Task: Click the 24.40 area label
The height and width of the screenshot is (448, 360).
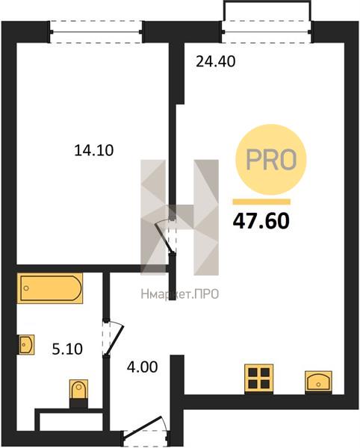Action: click(216, 61)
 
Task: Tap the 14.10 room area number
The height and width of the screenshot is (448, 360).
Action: click(94, 150)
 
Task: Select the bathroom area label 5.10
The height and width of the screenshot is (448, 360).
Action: click(67, 349)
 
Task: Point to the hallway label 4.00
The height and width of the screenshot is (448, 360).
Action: click(143, 367)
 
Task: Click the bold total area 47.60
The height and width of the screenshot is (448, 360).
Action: click(261, 222)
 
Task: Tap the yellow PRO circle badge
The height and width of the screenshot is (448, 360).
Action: click(271, 160)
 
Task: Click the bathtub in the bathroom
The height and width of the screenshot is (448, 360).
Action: click(50, 288)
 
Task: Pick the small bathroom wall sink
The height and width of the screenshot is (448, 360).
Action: click(27, 344)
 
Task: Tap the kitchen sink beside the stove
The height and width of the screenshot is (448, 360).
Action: click(318, 382)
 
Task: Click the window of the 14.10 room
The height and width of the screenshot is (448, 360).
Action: click(96, 31)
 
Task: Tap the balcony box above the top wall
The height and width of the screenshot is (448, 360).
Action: click(267, 10)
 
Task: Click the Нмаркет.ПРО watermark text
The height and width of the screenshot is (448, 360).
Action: click(180, 293)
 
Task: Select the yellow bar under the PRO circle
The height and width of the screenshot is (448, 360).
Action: click(261, 202)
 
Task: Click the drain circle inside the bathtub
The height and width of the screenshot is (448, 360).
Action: click(26, 288)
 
